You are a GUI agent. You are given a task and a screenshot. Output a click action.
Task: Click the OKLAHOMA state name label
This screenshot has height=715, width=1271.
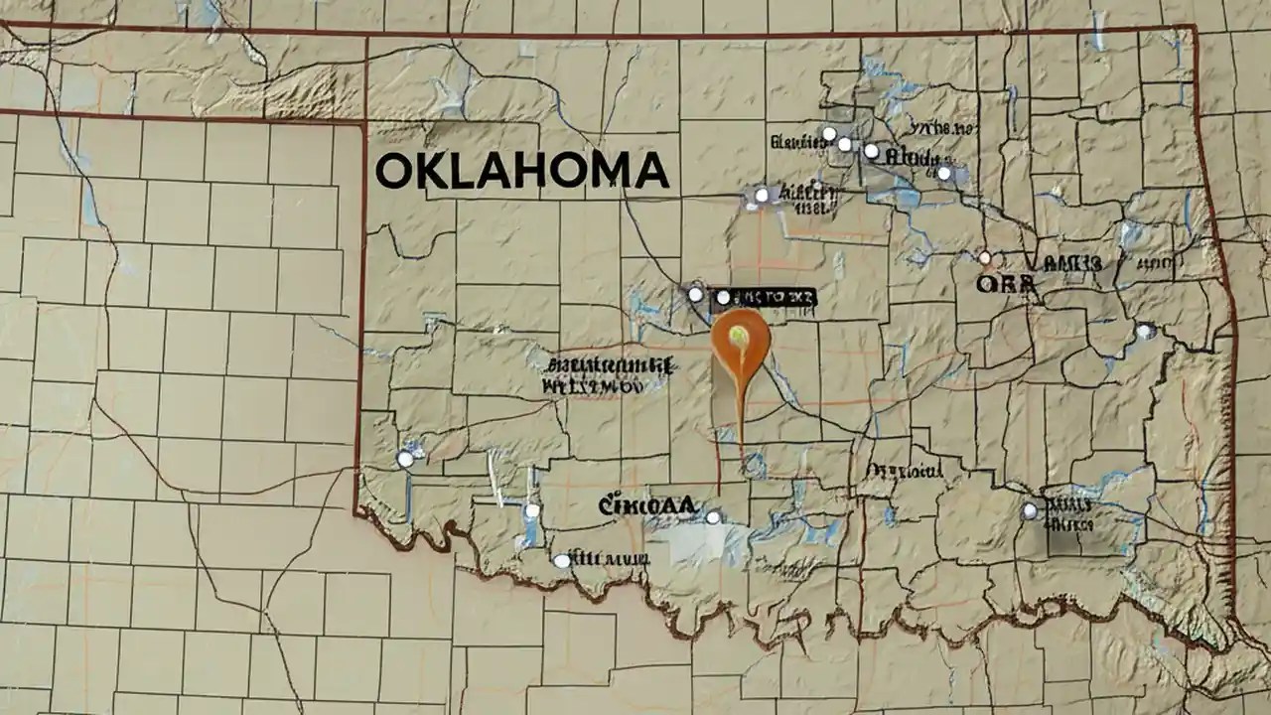click(x=521, y=172)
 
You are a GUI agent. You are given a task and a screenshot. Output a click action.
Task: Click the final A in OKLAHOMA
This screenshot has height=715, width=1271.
click(x=652, y=172)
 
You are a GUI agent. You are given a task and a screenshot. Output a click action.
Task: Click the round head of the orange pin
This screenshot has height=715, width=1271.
click(x=741, y=338)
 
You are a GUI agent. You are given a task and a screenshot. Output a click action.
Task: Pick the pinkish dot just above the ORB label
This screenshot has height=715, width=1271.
click(x=985, y=257)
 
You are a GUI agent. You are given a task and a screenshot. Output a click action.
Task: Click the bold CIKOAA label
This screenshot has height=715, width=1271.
click(x=646, y=506)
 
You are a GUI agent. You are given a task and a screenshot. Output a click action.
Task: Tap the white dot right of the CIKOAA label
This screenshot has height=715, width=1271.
click(x=713, y=516)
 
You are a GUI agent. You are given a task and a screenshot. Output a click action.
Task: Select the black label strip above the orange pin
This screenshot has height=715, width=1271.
click(x=765, y=296)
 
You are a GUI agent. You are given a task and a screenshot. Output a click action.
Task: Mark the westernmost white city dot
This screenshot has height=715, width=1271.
click(x=404, y=459)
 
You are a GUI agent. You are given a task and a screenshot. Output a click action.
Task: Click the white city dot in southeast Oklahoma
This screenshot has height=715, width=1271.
click(x=1030, y=510)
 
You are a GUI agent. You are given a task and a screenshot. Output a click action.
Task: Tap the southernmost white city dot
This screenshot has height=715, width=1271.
click(x=562, y=561)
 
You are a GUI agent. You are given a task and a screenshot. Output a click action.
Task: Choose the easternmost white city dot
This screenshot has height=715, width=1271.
click(x=1144, y=331)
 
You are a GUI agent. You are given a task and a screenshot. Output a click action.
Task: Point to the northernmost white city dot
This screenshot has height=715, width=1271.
click(x=828, y=133)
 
